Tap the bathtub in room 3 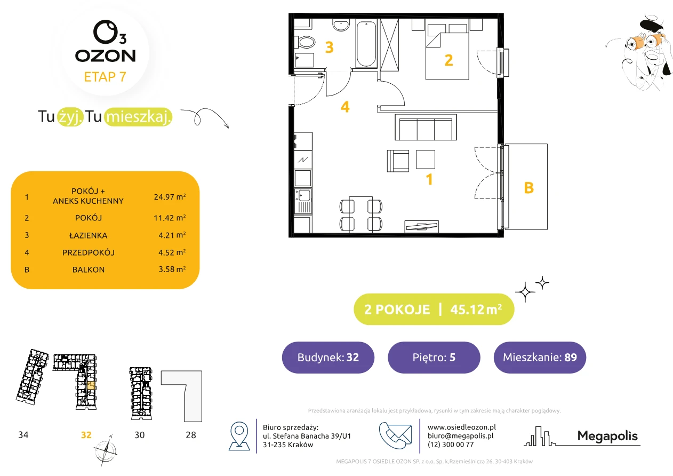tap(366, 44)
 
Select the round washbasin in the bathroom tap(341, 25)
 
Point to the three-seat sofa tap(426, 127)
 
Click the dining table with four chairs tap(361, 214)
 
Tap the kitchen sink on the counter tap(303, 201)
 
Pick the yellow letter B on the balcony tap(529, 188)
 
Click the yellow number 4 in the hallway tap(345, 107)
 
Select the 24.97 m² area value tap(170, 197)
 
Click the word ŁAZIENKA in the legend tap(89, 235)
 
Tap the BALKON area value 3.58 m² tap(172, 269)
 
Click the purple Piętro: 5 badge tap(434, 357)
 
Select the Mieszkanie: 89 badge tap(540, 357)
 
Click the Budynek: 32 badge tap(328, 357)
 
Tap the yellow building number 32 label tap(86, 435)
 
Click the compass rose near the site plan tap(105, 450)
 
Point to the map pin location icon tap(239, 435)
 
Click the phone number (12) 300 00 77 tap(451, 445)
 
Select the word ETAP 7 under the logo tap(105, 77)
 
